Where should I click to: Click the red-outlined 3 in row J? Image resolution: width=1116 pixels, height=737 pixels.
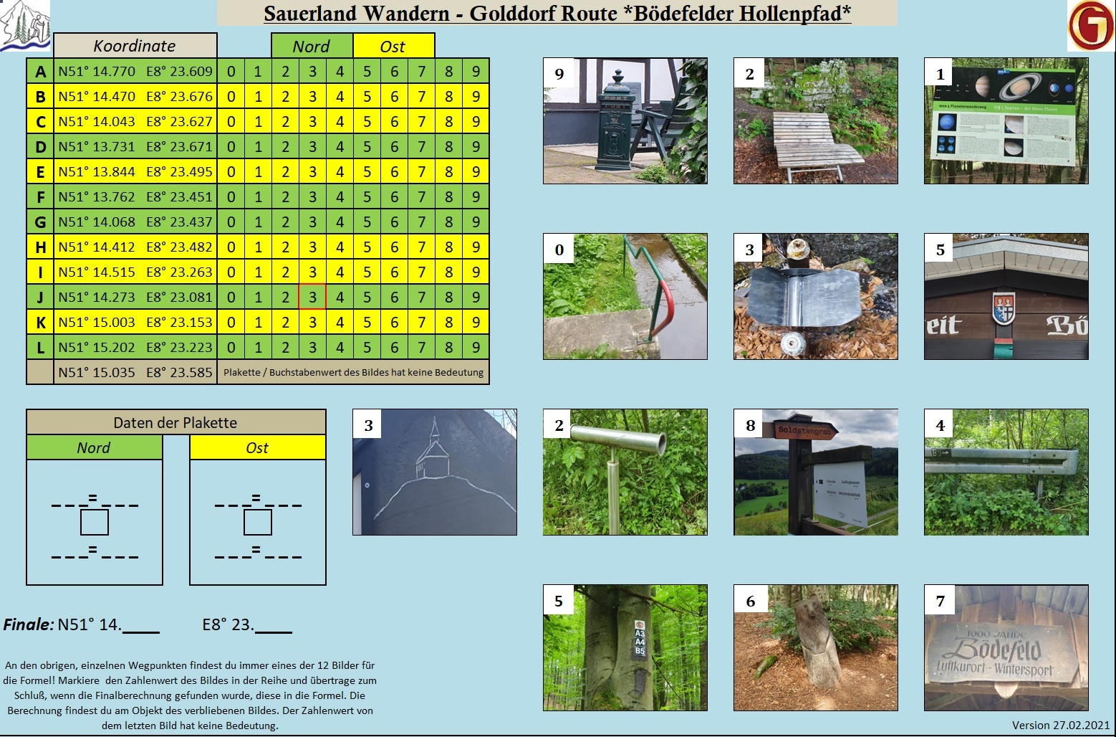pyautogui.click(x=312, y=297)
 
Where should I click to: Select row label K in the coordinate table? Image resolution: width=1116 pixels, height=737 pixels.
pyautogui.click(x=40, y=323)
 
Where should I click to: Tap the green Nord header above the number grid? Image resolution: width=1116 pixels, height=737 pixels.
pyautogui.click(x=312, y=47)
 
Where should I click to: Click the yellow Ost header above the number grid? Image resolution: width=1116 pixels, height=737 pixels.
pyautogui.click(x=393, y=47)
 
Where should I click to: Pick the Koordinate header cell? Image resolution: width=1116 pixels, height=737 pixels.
pyautogui.click(x=135, y=46)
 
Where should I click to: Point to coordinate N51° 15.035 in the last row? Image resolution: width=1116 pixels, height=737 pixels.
pyautogui.click(x=97, y=373)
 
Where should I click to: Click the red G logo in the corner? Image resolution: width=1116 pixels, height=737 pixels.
pyautogui.click(x=1090, y=26)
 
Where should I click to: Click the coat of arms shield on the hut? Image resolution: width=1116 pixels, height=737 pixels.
pyautogui.click(x=1004, y=308)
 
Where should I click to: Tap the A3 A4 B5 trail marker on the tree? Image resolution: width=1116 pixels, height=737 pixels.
pyautogui.click(x=640, y=638)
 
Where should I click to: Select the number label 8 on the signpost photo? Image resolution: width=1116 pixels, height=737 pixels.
pyautogui.click(x=750, y=426)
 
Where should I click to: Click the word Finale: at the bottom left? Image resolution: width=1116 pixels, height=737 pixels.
pyautogui.click(x=29, y=624)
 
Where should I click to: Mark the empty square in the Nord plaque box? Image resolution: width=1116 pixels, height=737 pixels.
pyautogui.click(x=94, y=523)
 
